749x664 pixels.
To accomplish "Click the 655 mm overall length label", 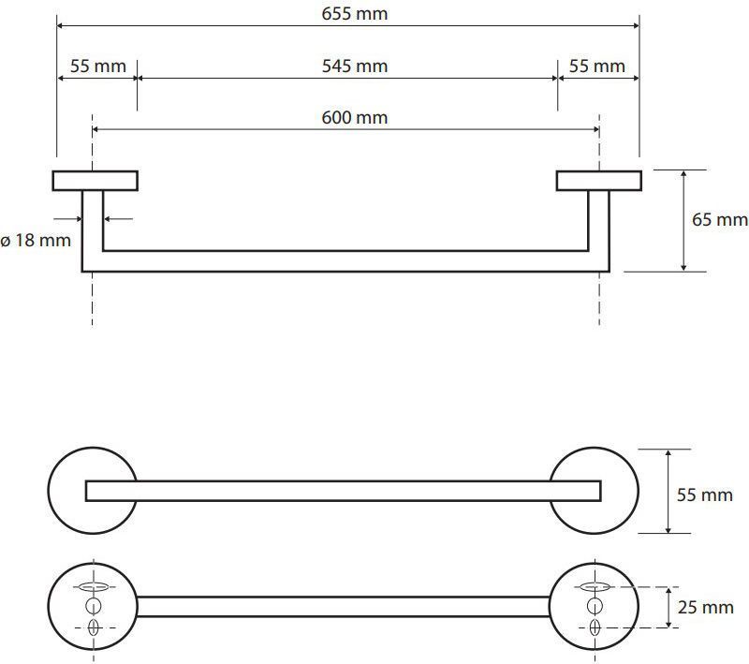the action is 355,14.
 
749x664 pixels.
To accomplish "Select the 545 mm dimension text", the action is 355,66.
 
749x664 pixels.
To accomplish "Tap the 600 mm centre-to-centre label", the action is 355,117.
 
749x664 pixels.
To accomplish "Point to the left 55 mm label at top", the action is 98,66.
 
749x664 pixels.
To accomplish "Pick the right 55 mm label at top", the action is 597,66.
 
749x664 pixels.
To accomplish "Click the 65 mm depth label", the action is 720,220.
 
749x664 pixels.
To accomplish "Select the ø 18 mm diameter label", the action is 36,240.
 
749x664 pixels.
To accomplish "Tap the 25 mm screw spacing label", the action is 706,607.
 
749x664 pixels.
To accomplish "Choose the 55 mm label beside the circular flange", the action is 705,494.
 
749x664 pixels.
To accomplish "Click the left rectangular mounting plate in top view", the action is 95,181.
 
